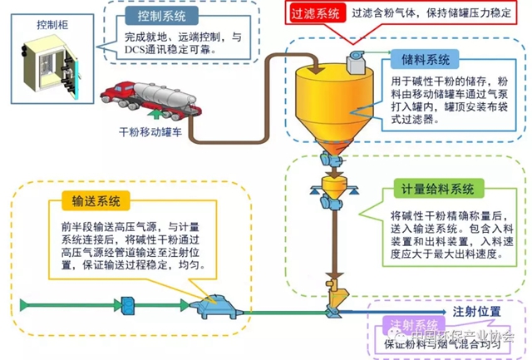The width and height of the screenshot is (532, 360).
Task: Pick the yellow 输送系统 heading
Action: click(91, 200)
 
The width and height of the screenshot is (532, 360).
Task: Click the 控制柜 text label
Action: click(51, 24)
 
